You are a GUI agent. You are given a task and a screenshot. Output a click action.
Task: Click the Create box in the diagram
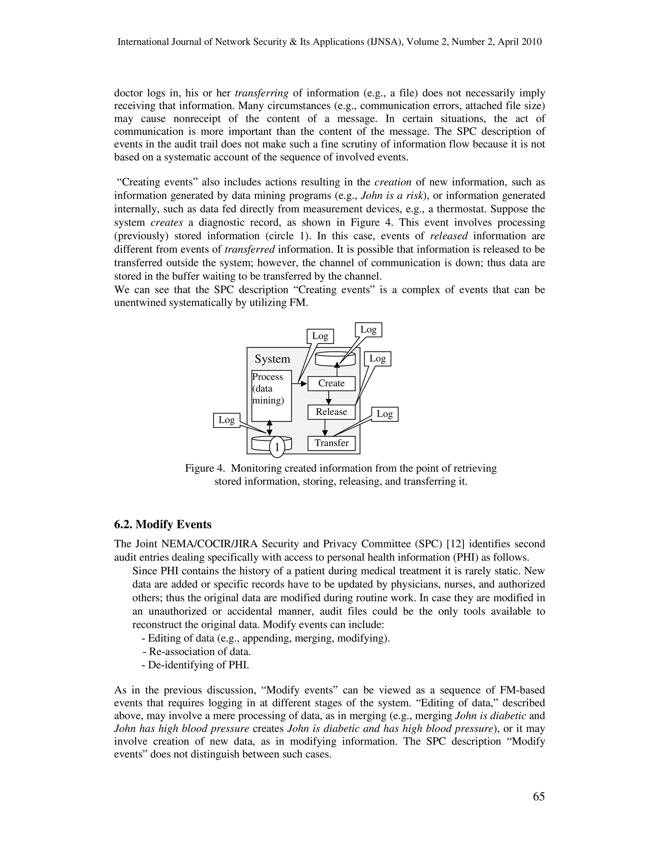click(x=331, y=383)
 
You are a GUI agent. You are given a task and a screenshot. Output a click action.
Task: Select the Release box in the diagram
click(x=331, y=412)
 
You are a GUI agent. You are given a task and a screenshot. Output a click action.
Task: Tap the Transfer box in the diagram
click(x=331, y=443)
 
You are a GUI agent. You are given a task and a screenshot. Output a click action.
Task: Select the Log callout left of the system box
click(x=226, y=420)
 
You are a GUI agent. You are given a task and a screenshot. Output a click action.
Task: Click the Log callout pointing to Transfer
click(x=385, y=414)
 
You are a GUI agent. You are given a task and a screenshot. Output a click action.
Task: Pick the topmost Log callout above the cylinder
click(x=368, y=330)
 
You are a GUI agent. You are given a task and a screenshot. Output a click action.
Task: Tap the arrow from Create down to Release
click(x=329, y=398)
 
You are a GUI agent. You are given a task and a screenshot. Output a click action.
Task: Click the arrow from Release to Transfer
click(x=325, y=428)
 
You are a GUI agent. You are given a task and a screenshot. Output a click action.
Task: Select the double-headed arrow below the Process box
click(x=269, y=428)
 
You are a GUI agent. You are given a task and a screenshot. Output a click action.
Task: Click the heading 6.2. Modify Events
click(x=163, y=524)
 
